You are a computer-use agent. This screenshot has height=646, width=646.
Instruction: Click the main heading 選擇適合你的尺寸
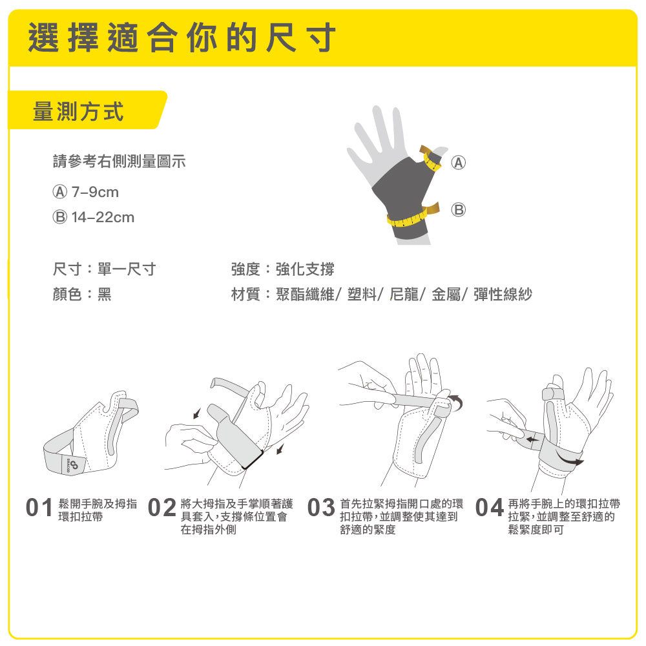pos(182,37)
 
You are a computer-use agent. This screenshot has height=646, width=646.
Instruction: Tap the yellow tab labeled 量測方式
pos(87,110)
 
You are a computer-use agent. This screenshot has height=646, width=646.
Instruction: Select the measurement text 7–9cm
pos(95,192)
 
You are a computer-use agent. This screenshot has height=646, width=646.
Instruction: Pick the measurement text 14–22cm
pos(103,217)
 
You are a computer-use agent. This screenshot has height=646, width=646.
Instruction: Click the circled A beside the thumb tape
pos(458,162)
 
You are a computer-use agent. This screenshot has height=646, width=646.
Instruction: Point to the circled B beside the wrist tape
pos(458,210)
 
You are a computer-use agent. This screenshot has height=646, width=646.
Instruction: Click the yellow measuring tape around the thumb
pos(431,159)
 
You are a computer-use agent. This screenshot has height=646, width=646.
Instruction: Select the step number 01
pos(39,508)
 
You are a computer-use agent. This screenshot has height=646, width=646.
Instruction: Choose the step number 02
pos(162,508)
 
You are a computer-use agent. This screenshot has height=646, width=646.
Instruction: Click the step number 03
pos(321,508)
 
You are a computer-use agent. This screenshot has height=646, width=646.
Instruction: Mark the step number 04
pos(490,508)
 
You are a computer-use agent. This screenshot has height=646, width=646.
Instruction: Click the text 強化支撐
pos(305,269)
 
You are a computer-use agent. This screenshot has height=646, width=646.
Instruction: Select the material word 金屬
pos(446,294)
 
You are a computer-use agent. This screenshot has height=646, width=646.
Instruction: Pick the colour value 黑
pos(104,294)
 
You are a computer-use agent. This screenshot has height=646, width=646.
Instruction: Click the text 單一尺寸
pos(127,269)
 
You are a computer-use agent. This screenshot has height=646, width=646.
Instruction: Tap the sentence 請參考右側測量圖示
pos(120,161)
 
